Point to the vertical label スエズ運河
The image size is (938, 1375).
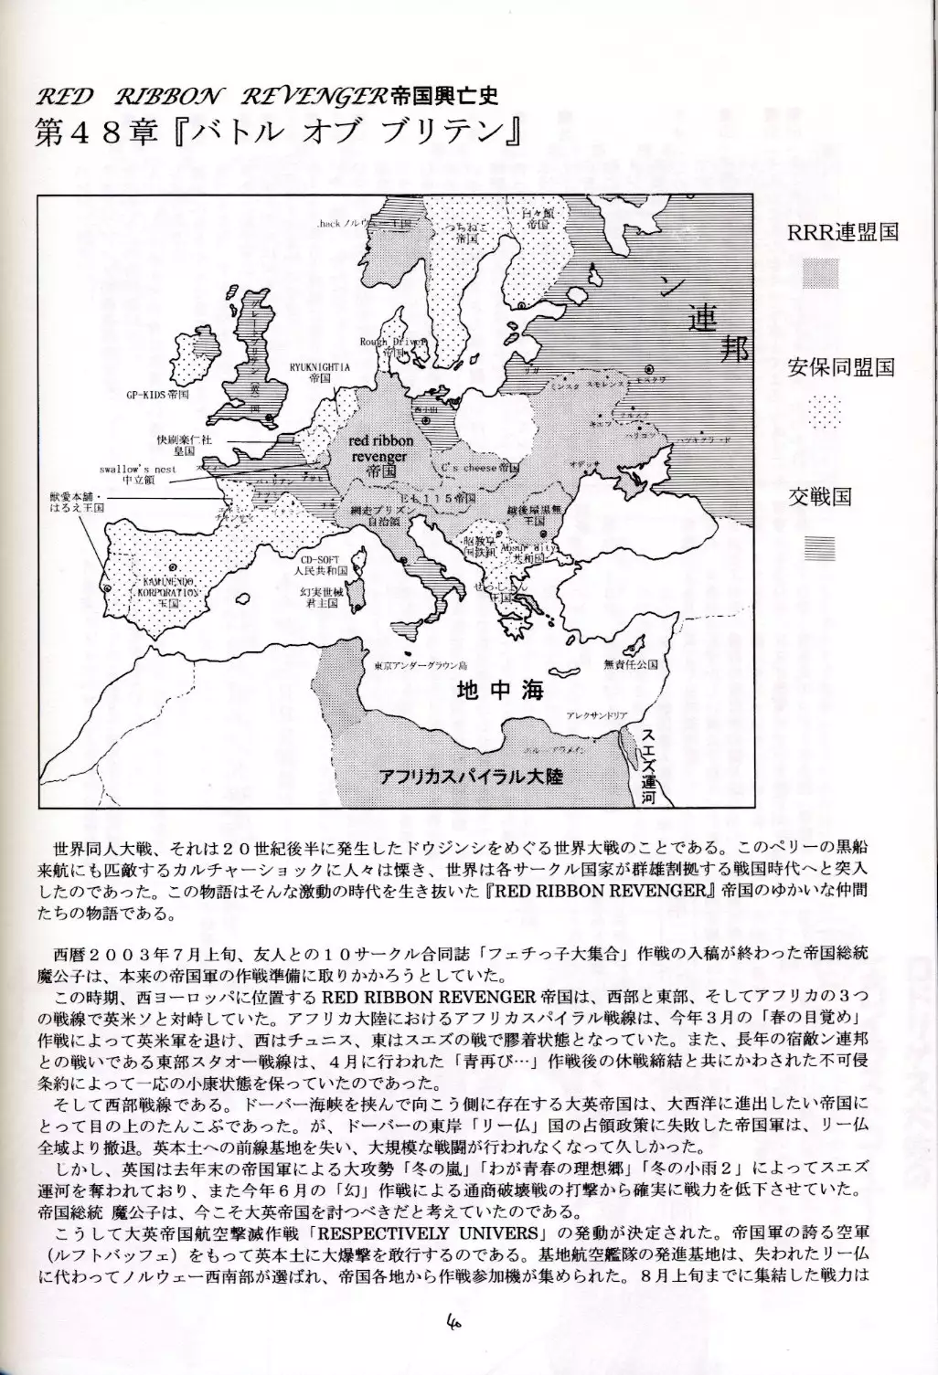coord(649,763)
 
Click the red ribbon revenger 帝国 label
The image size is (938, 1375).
coord(381,455)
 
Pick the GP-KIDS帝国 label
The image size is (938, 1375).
coord(157,397)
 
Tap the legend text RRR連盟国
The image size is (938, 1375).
coord(842,231)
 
